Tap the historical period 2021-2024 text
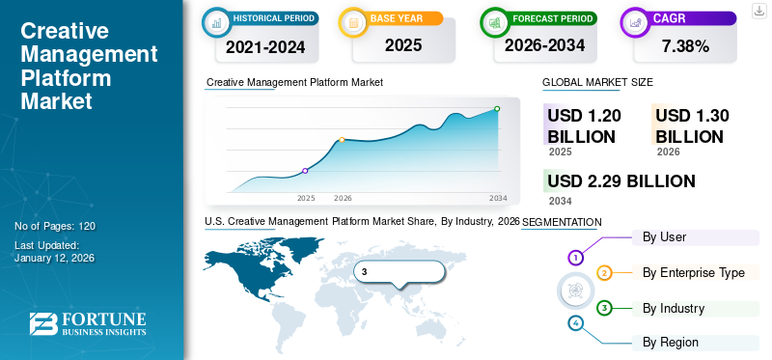[264, 45]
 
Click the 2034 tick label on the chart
[498, 198]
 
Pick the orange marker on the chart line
[343, 140]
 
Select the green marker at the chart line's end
[497, 109]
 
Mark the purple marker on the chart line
[306, 171]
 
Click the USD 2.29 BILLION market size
[620, 181]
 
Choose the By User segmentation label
[665, 236]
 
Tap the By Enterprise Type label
[693, 273]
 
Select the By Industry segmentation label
[674, 309]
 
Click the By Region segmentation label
[671, 342]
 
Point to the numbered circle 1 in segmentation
[576, 258]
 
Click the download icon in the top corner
[758, 10]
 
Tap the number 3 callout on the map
[365, 271]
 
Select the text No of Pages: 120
[55, 226]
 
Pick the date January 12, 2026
[56, 258]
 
